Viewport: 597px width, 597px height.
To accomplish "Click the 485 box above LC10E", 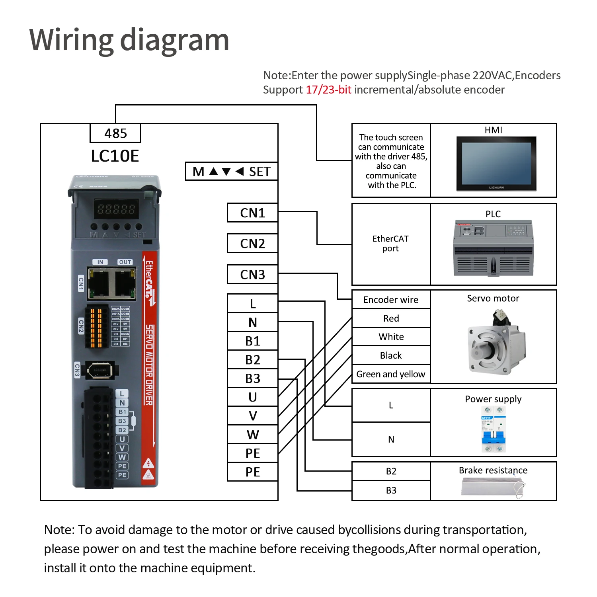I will (115, 133).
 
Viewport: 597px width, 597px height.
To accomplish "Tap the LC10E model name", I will (115, 156).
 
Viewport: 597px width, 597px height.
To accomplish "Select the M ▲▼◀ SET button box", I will (232, 172).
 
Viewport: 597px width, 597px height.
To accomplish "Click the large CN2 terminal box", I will (252, 244).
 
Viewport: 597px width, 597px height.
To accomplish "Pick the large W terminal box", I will (252, 434).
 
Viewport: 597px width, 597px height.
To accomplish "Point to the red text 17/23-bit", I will (328, 90).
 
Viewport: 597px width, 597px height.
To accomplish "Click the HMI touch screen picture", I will (496, 164).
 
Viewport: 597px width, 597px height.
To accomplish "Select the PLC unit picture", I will (493, 248).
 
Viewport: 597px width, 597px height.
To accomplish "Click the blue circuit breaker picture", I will (494, 429).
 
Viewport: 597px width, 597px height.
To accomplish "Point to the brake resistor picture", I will (493, 486).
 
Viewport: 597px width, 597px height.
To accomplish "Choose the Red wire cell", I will (391, 318).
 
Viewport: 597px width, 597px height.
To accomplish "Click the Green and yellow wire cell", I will (391, 374).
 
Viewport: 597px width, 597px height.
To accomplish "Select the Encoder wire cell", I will (391, 300).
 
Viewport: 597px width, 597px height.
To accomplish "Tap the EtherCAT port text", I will (390, 244).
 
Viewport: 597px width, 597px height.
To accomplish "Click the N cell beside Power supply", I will (391, 439).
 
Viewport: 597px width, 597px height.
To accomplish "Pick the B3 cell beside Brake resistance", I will (391, 490).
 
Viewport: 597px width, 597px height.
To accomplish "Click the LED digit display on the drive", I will (116, 209).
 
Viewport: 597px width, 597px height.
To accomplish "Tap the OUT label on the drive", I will (125, 262).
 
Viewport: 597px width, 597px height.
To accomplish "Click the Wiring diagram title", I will (129, 40).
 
